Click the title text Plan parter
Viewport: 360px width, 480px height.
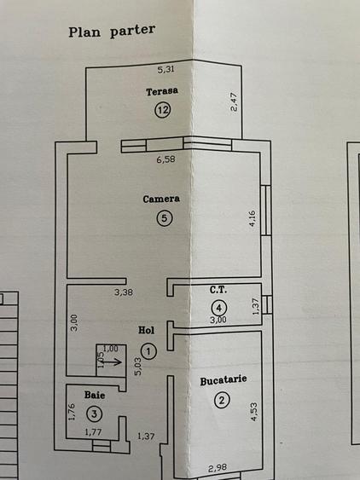pyautogui.click(x=112, y=31)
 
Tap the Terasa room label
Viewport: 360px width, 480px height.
pyautogui.click(x=162, y=91)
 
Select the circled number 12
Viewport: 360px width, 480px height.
pyautogui.click(x=162, y=110)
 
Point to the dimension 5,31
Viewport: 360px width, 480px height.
pyautogui.click(x=165, y=70)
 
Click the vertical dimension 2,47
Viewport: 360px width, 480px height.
pyautogui.click(x=234, y=102)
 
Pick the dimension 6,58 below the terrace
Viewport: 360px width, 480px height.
pyautogui.click(x=165, y=159)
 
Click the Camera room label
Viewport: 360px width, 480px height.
pyautogui.click(x=161, y=199)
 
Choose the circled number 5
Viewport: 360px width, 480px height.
pyautogui.click(x=165, y=218)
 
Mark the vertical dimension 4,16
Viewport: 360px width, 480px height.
pyautogui.click(x=253, y=218)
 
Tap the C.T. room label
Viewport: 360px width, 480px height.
pyautogui.click(x=218, y=290)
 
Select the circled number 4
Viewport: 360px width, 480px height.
pyautogui.click(x=218, y=308)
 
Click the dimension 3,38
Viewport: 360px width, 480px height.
pyautogui.click(x=124, y=292)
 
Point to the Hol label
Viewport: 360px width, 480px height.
pyautogui.click(x=146, y=330)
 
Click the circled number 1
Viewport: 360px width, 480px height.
pyautogui.click(x=149, y=351)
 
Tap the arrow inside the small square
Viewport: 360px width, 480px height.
pyautogui.click(x=111, y=362)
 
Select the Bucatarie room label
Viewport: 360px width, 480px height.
pyautogui.click(x=224, y=380)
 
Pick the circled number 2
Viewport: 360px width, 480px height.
pyautogui.click(x=222, y=400)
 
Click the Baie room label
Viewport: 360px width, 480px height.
pyautogui.click(x=95, y=395)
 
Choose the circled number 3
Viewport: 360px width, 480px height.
pyautogui.click(x=95, y=414)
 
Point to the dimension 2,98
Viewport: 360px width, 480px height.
pyautogui.click(x=218, y=468)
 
